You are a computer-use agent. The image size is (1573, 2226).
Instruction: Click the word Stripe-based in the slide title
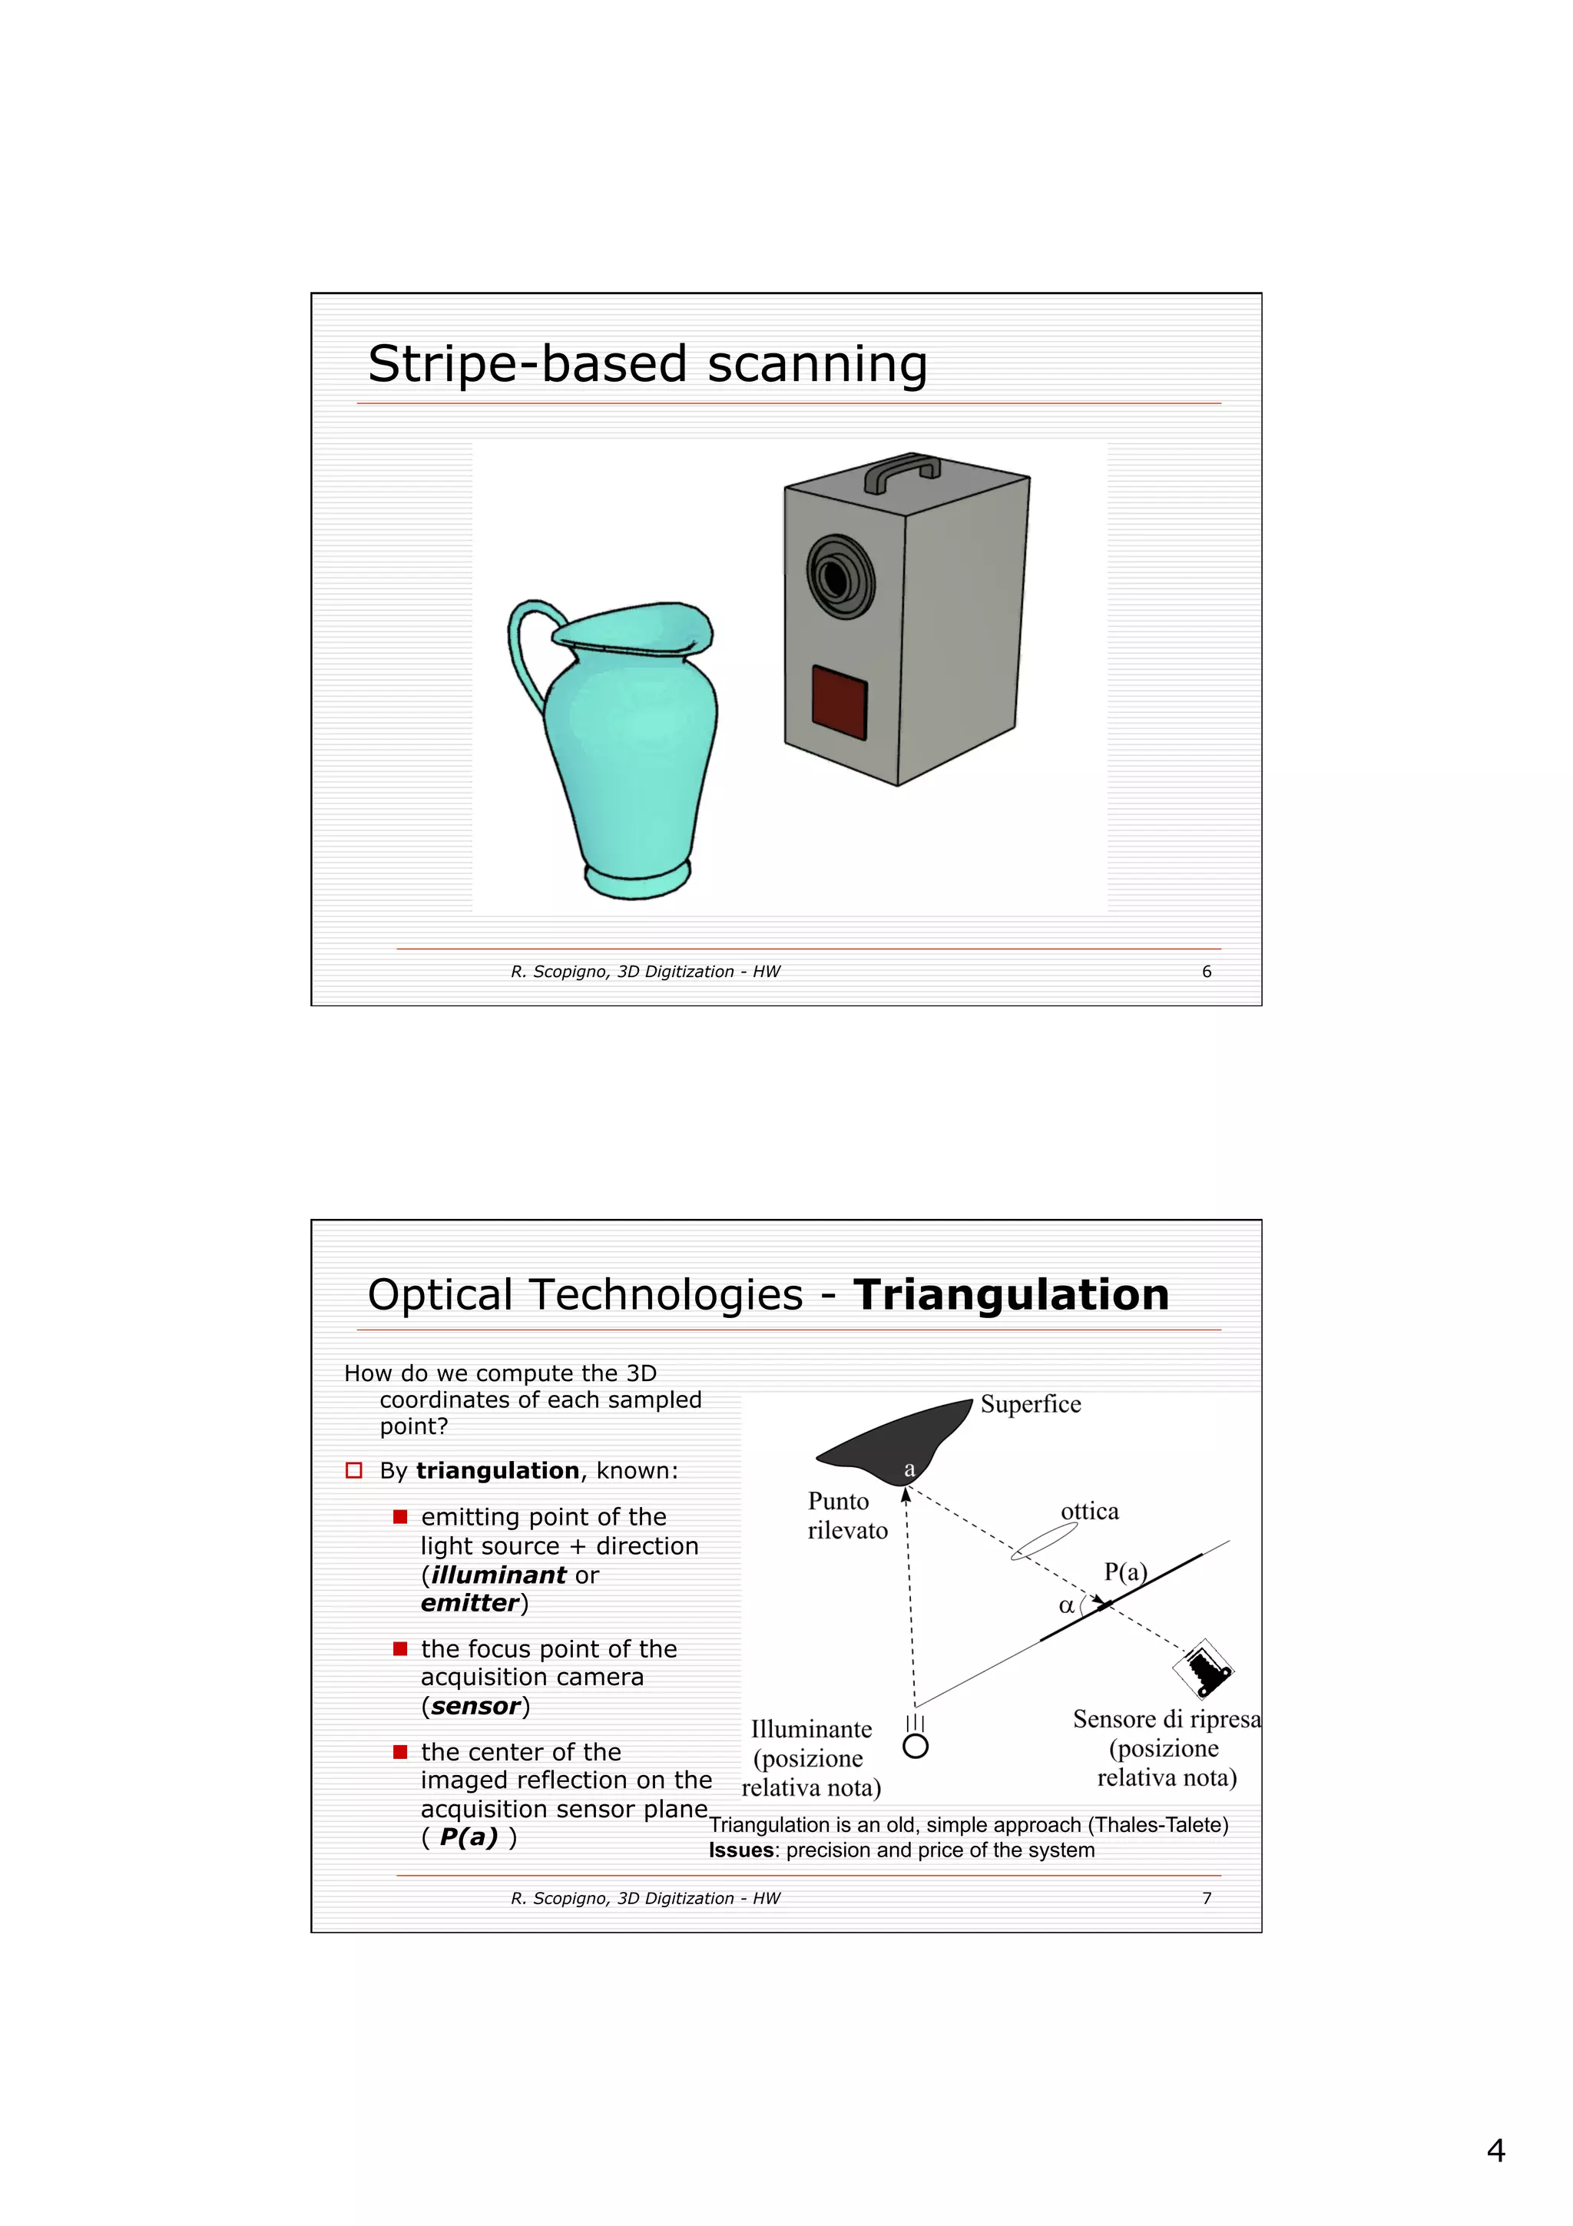coord(527,365)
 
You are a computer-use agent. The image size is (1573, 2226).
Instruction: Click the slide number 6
coord(1206,972)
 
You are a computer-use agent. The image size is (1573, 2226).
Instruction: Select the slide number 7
coord(1206,1898)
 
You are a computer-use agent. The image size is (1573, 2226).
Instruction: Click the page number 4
coord(1495,2151)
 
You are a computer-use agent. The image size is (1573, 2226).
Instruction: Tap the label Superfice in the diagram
coord(1030,1404)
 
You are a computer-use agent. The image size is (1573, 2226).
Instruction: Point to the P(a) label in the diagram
coord(1125,1572)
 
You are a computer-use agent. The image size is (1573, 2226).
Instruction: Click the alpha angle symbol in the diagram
coord(1066,1605)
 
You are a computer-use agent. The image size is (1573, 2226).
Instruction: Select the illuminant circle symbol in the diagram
coord(915,1746)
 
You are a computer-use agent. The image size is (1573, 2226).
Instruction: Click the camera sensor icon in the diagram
coord(1203,1668)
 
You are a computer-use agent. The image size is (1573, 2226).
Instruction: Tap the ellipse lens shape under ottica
coord(1044,1541)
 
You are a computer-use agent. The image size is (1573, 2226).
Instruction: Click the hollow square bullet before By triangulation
coord(354,1471)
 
